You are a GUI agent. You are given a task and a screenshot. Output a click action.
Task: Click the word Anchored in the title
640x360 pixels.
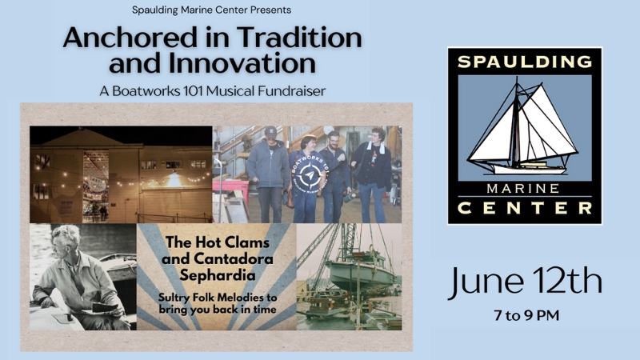point(130,38)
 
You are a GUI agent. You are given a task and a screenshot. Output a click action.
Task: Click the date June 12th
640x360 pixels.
point(525,282)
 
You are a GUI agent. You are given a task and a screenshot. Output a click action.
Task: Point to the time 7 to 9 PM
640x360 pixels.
point(526,315)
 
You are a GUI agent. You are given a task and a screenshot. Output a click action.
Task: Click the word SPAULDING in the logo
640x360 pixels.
point(525,62)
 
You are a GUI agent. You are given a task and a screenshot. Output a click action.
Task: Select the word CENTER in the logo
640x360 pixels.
point(525,208)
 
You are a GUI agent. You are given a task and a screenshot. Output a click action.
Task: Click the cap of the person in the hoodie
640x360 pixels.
point(271,131)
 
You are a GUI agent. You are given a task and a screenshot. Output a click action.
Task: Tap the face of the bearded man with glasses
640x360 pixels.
point(334,142)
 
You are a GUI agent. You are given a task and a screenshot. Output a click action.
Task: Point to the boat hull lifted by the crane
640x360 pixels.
point(359,274)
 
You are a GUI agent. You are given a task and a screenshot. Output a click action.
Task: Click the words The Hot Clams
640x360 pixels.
point(217,242)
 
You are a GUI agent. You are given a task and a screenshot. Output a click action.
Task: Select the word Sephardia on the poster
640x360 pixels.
point(217,275)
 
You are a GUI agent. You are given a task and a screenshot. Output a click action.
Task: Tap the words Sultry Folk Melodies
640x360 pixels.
point(218,297)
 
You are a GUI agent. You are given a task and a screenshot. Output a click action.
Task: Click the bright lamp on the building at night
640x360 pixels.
point(174,179)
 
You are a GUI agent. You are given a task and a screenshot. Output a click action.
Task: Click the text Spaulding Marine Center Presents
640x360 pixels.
point(211,10)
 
